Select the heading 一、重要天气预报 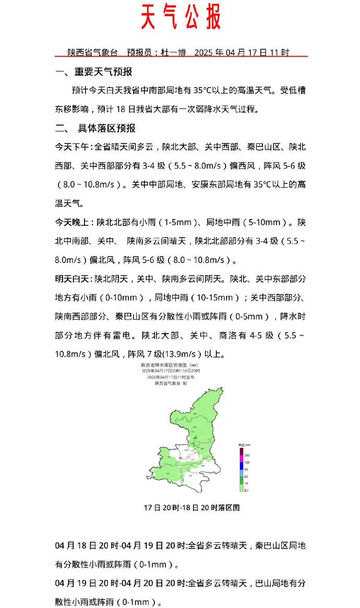point(94,72)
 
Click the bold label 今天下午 point(73,147)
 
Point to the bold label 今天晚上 point(73,222)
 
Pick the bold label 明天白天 point(73,279)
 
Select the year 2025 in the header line point(203,53)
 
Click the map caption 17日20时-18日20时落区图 point(191,507)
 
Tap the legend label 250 point(247,456)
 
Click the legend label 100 point(247,463)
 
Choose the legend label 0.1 point(246,490)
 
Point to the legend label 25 point(246,477)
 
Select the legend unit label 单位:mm point(245,444)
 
